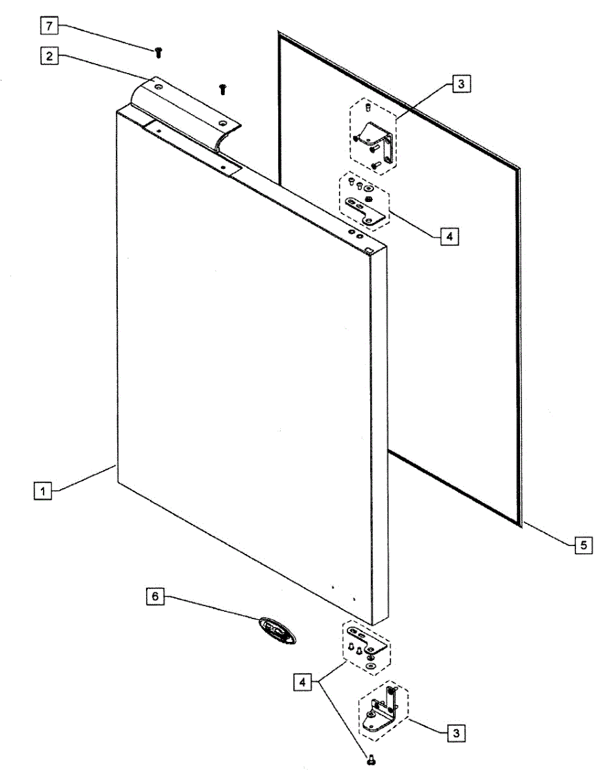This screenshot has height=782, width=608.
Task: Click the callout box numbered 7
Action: tap(50, 27)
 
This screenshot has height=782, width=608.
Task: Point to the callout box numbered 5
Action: tap(583, 545)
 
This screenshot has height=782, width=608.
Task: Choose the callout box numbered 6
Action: tap(154, 596)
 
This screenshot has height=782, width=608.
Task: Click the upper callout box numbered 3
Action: tap(460, 84)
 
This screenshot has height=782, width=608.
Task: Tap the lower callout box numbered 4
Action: tap(302, 682)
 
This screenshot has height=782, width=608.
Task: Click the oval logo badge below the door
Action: tap(276, 631)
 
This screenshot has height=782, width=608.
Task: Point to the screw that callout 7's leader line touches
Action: tap(158, 52)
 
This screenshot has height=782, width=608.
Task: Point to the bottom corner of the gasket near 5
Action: tap(519, 521)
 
